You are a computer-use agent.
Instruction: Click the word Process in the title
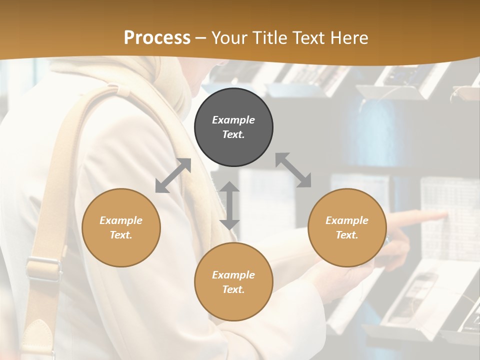(x=157, y=38)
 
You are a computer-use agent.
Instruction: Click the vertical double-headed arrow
(x=229, y=205)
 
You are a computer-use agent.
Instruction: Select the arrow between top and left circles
(x=173, y=175)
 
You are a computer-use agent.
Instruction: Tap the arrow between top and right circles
(x=293, y=170)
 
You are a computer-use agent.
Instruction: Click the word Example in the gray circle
(x=233, y=120)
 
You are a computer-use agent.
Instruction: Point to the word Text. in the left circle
(x=121, y=235)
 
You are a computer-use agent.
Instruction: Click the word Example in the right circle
(x=347, y=220)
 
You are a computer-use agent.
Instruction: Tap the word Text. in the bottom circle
(x=233, y=289)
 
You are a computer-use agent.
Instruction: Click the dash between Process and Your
(x=201, y=38)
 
